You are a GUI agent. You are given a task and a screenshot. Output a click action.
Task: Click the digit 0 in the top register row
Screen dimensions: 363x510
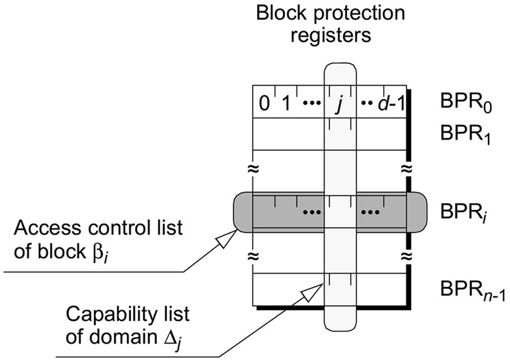[x=264, y=104]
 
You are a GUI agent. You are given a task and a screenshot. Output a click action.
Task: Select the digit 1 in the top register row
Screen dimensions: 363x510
[x=285, y=104]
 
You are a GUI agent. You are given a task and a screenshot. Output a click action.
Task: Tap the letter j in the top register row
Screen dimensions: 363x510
[x=339, y=105]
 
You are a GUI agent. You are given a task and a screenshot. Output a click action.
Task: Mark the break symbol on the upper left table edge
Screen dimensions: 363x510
[x=252, y=167]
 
